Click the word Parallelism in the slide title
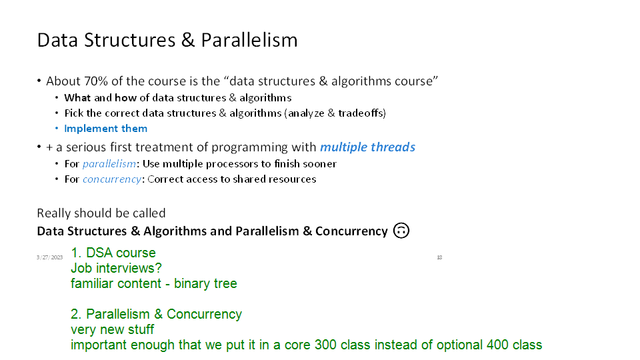pos(249,40)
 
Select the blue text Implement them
pos(106,129)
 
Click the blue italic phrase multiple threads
pos(367,147)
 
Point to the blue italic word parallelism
pos(109,164)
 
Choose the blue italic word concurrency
pos(112,179)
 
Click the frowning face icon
pos(401,231)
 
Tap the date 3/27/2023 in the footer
pos(49,257)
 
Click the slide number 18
pos(439,257)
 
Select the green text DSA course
pos(121,253)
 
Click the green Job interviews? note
pos(116,268)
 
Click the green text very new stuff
pos(112,329)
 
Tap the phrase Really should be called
pos(101,213)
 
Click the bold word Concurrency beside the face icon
pos(351,231)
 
